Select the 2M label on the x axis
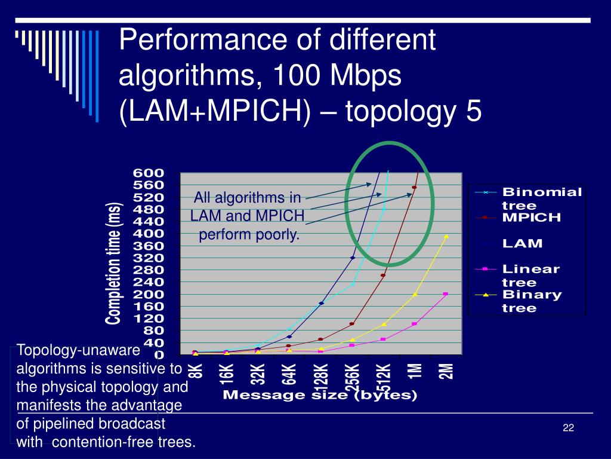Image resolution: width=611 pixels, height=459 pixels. click(x=446, y=371)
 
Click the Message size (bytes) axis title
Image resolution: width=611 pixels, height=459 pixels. click(x=320, y=396)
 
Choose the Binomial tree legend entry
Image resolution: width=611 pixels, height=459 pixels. click(x=541, y=198)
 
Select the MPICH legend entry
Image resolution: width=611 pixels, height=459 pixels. click(x=532, y=218)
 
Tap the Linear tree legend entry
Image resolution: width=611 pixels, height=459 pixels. click(x=530, y=276)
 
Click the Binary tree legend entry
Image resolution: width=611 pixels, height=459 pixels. click(x=532, y=301)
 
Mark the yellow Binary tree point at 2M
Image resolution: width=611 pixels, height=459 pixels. click(x=446, y=237)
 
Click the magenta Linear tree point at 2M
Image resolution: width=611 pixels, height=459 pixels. click(x=446, y=294)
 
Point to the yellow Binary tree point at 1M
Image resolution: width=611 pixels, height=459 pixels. click(x=415, y=295)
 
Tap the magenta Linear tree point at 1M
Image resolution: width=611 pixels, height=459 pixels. click(x=415, y=324)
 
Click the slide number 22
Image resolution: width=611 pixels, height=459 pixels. click(x=567, y=427)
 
